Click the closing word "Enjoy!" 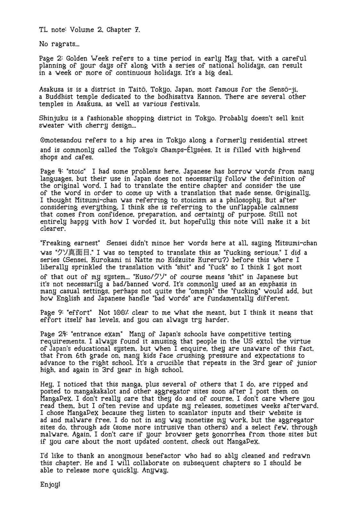pyautogui.click(x=50, y=484)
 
